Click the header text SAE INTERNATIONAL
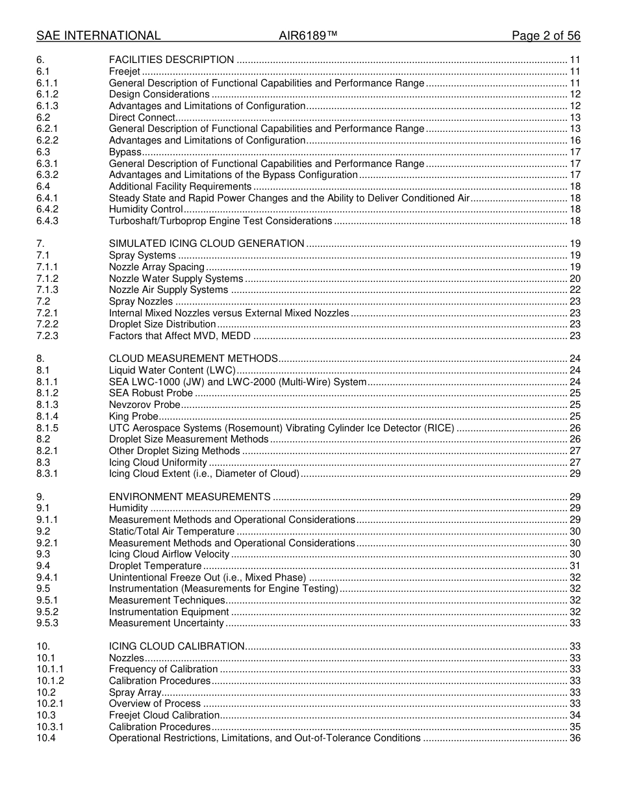coord(98,36)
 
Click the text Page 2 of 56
coord(546,36)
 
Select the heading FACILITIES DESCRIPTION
coord(171,60)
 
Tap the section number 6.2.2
coord(47,140)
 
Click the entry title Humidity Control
coord(145,209)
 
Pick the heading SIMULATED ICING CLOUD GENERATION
coord(207,244)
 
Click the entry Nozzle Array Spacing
coord(157,267)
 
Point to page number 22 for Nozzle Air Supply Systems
coord(575,290)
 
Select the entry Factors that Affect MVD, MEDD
coord(180,336)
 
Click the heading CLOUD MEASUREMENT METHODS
coord(194,359)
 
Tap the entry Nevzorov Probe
coord(145,405)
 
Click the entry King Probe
coord(133,416)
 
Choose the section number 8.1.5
coord(47,428)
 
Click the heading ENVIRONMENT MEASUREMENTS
coord(190,497)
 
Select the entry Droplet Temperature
coord(155,566)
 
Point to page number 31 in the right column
coord(575,566)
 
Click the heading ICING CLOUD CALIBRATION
coord(177,646)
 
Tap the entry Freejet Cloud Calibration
coord(164,715)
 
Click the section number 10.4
coord(45,738)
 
